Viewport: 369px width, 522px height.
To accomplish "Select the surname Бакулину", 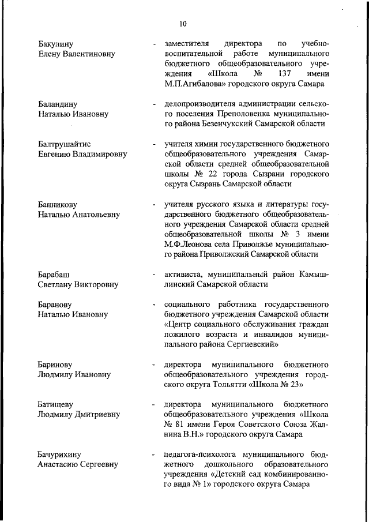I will [x=56, y=44].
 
